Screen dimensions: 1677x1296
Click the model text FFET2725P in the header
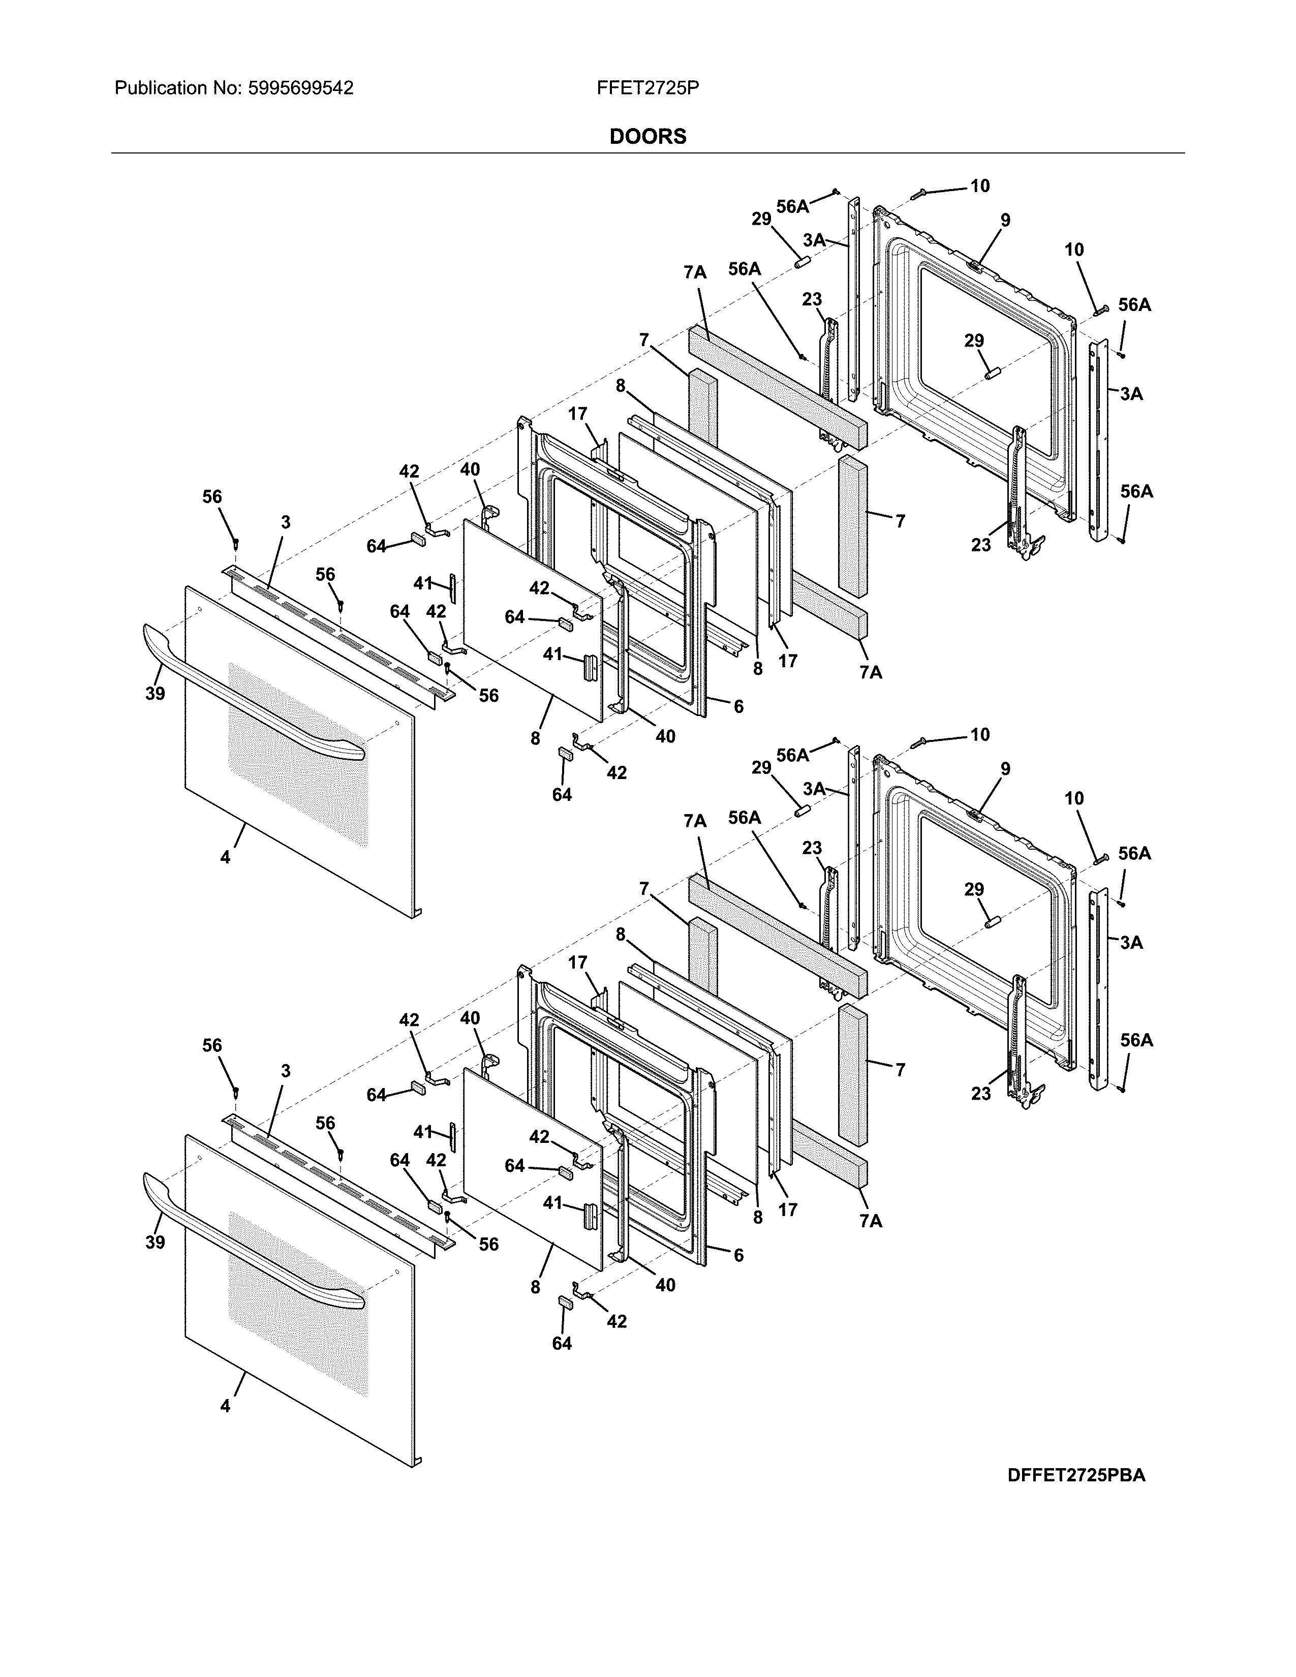(x=647, y=88)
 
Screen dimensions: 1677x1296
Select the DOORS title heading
(x=647, y=137)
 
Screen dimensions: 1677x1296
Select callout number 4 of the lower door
(x=225, y=1406)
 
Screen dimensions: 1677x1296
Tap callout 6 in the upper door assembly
(x=738, y=706)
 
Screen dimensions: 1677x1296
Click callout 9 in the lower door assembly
(x=1005, y=768)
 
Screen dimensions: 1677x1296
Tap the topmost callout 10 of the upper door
(x=980, y=186)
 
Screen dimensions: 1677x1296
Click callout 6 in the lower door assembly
(x=738, y=1255)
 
